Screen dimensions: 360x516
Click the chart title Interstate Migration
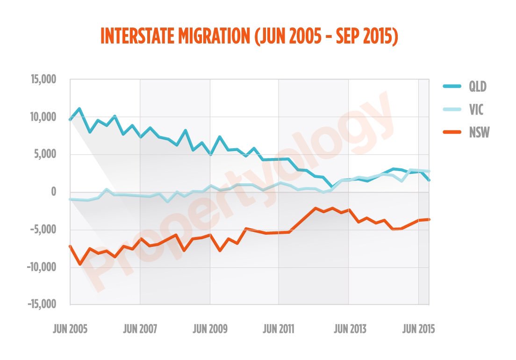(x=249, y=37)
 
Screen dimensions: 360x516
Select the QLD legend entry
(x=478, y=86)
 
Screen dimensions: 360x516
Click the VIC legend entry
(x=476, y=110)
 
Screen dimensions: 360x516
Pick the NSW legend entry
(x=479, y=133)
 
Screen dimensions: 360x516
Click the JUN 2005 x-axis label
(x=70, y=329)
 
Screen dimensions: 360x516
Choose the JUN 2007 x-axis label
(x=139, y=329)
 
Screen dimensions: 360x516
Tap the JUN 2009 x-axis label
(x=209, y=329)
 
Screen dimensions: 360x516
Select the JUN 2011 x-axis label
(x=279, y=329)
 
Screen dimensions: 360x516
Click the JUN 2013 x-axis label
(x=349, y=329)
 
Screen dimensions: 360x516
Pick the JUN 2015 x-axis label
(x=418, y=329)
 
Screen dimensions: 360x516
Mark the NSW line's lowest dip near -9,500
(x=80, y=264)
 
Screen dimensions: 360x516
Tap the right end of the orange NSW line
(x=429, y=219)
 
